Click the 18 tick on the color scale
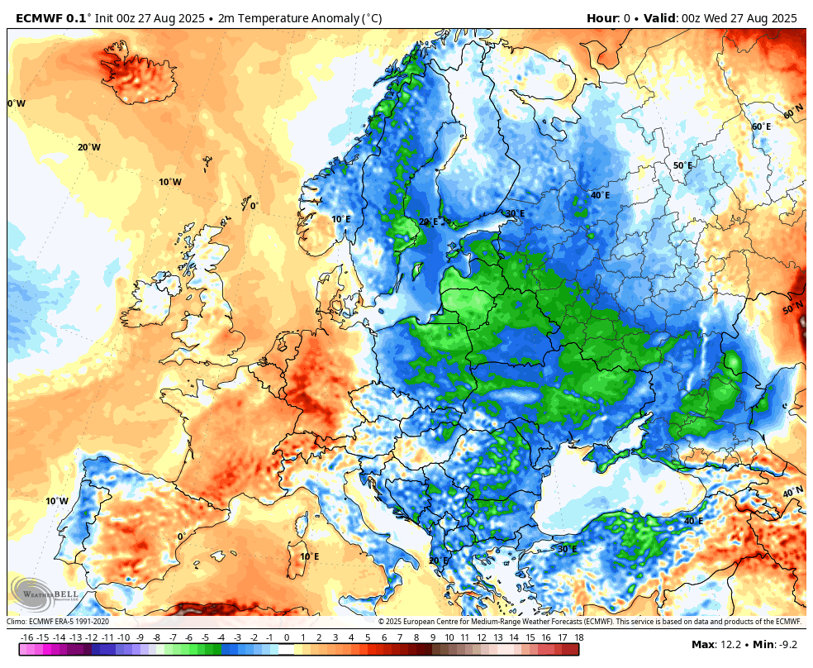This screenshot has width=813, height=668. tap(578, 637)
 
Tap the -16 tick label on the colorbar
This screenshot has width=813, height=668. tap(26, 637)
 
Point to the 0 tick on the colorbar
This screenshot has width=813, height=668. tap(287, 637)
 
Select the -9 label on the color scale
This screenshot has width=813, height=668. tap(140, 637)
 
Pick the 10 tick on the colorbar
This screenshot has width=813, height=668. tap(449, 637)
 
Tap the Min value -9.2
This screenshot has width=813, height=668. tap(791, 644)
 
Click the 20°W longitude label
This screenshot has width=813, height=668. tap(89, 147)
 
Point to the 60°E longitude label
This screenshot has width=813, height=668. tap(761, 126)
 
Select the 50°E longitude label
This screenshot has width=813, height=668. tap(682, 165)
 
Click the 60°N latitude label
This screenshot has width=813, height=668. tap(793, 112)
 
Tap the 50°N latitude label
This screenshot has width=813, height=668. tap(792, 308)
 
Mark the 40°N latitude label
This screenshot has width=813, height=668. tap(792, 492)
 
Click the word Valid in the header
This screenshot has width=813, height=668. tap(658, 17)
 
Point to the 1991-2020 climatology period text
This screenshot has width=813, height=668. tap(88, 622)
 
